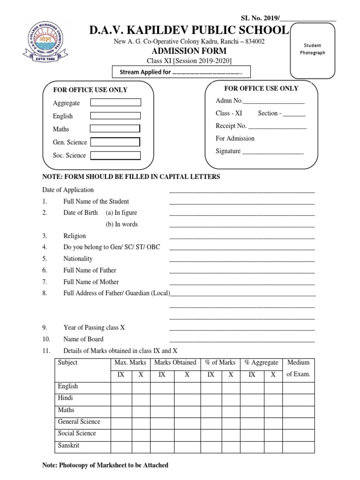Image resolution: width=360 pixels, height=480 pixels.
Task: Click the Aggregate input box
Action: click(115, 103)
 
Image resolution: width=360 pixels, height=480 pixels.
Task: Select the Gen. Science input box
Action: click(115, 142)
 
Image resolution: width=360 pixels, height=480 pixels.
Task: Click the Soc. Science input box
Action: click(115, 155)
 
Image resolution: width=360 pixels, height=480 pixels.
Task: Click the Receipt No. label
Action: click(231, 126)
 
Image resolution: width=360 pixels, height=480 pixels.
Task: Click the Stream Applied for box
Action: click(181, 73)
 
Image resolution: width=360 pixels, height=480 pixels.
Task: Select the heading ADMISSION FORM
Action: click(187, 51)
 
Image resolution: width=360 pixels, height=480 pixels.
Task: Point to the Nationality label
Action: click(78, 258)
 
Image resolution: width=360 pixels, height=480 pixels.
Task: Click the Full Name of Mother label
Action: click(91, 282)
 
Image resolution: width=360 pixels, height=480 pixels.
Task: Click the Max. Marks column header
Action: click(130, 362)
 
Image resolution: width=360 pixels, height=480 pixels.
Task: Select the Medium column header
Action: click(298, 362)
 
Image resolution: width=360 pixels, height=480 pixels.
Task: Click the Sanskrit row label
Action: click(68, 445)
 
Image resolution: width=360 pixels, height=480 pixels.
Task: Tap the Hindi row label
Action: click(65, 398)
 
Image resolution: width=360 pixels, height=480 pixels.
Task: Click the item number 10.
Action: click(46, 339)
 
